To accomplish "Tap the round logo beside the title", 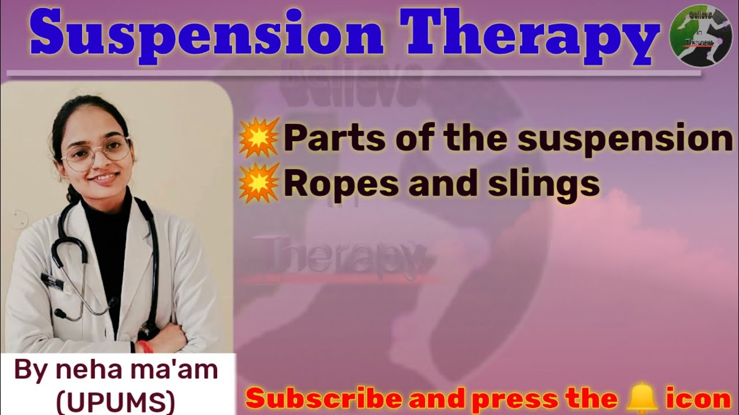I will coord(692,36).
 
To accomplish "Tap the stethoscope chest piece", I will coord(59,314).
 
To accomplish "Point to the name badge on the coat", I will coord(53,281).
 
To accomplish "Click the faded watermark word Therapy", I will coord(344,254).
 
